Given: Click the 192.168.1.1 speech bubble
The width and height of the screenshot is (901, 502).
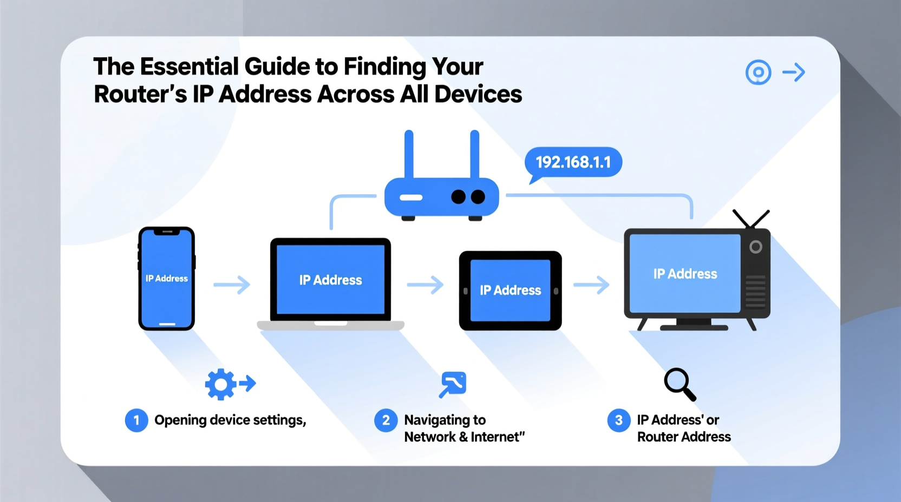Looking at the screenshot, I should tap(573, 162).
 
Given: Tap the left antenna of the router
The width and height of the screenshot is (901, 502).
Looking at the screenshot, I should tap(409, 154).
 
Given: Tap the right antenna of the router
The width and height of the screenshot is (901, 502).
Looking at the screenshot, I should tap(474, 154).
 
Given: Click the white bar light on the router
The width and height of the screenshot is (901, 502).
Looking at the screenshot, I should tap(411, 197).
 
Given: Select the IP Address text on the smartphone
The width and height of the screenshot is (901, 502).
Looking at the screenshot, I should tap(167, 279).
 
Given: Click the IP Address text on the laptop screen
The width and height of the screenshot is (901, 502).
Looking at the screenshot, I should tap(330, 280).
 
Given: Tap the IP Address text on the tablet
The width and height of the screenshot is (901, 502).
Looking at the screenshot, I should tap(510, 290).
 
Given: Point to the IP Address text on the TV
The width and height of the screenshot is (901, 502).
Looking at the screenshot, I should tap(685, 274).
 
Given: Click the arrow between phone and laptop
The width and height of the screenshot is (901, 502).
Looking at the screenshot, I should tap(232, 285).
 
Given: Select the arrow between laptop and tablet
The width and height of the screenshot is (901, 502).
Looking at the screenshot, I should tap(425, 285).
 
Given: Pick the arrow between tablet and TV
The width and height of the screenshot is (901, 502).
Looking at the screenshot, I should tap(591, 285).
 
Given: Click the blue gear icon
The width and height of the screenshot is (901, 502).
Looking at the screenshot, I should tap(220, 384).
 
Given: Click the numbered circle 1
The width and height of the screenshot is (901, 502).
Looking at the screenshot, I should tap(136, 420).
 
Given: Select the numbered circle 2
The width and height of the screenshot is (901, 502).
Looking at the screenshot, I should tap(386, 420).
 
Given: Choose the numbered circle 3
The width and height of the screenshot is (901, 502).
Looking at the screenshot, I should tap(618, 420).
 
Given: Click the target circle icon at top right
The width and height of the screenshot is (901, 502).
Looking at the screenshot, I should tap(758, 72).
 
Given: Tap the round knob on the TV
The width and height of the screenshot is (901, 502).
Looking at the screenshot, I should tap(756, 247).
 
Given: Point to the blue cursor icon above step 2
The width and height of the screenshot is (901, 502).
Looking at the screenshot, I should tap(453, 384).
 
